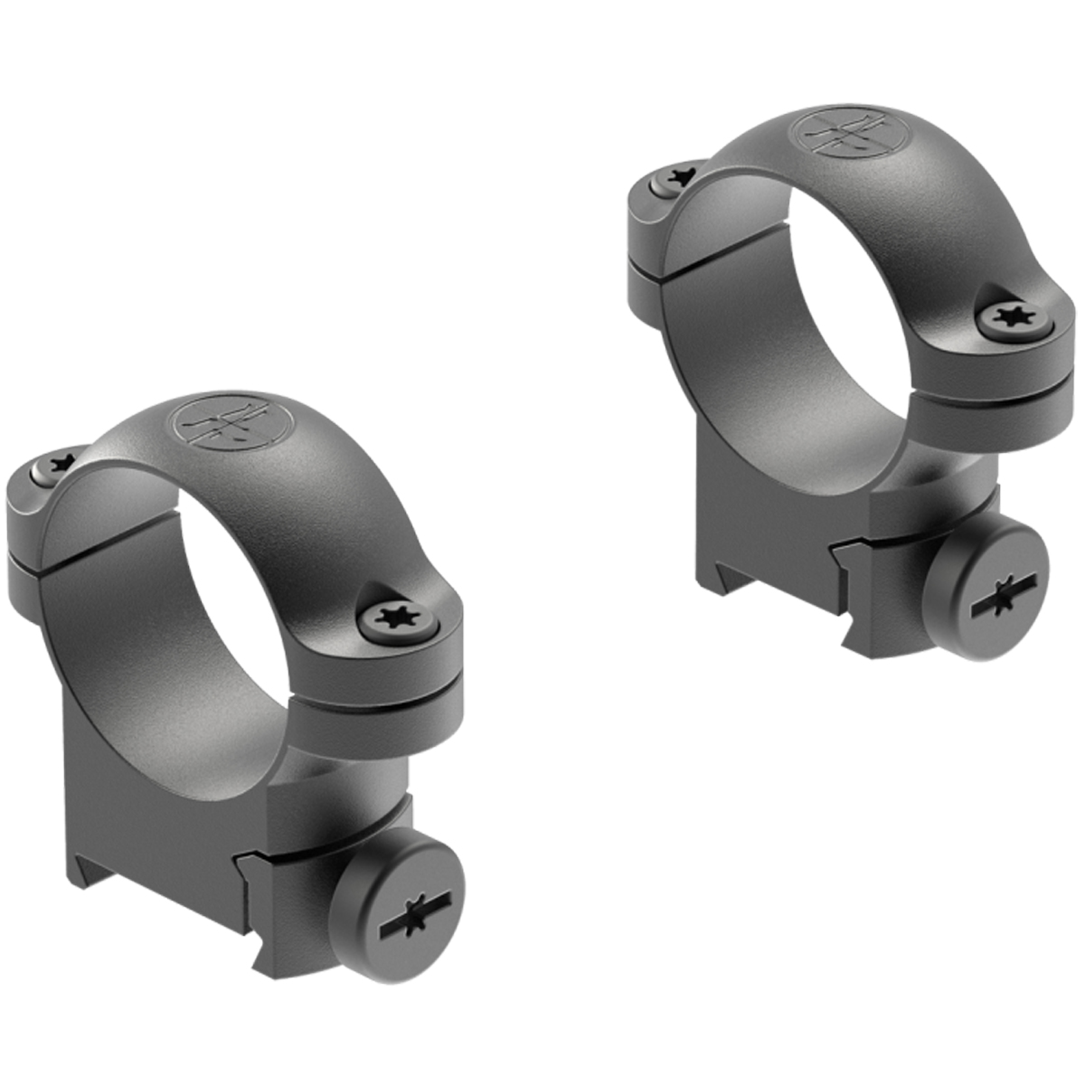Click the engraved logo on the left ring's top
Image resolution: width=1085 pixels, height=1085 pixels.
[x=231, y=423]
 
